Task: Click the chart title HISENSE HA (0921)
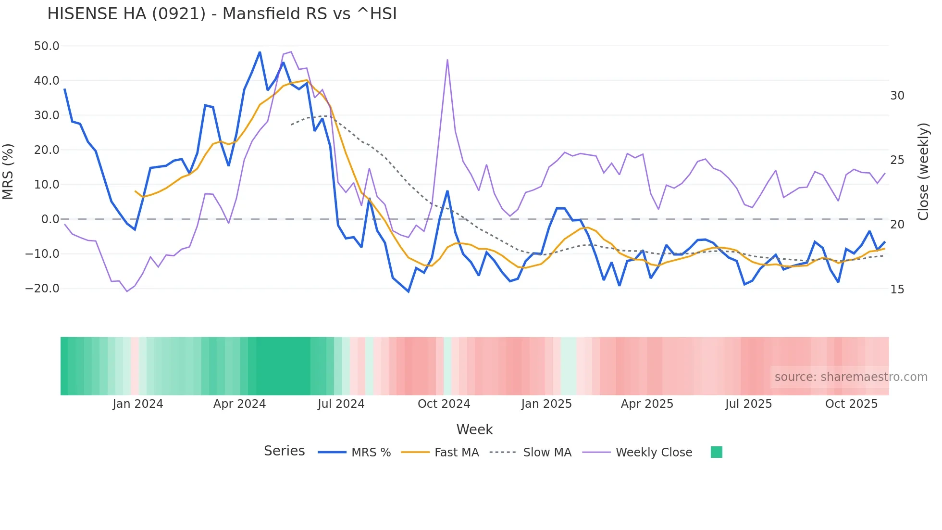click(x=222, y=14)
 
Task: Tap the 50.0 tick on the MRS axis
click(x=47, y=46)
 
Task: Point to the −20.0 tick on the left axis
click(x=42, y=289)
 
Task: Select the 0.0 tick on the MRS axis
click(x=50, y=219)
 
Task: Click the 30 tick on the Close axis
click(x=897, y=96)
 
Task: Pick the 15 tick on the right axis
click(x=897, y=290)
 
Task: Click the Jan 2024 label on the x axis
click(x=138, y=404)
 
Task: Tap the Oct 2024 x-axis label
click(x=444, y=404)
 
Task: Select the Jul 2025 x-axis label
click(x=748, y=404)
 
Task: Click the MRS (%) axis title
click(x=8, y=172)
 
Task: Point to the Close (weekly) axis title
click(x=923, y=172)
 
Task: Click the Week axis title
click(x=474, y=429)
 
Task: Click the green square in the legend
click(x=716, y=452)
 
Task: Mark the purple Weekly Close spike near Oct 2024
click(x=447, y=60)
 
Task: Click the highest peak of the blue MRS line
click(x=260, y=52)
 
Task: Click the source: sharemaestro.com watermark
click(x=851, y=377)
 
